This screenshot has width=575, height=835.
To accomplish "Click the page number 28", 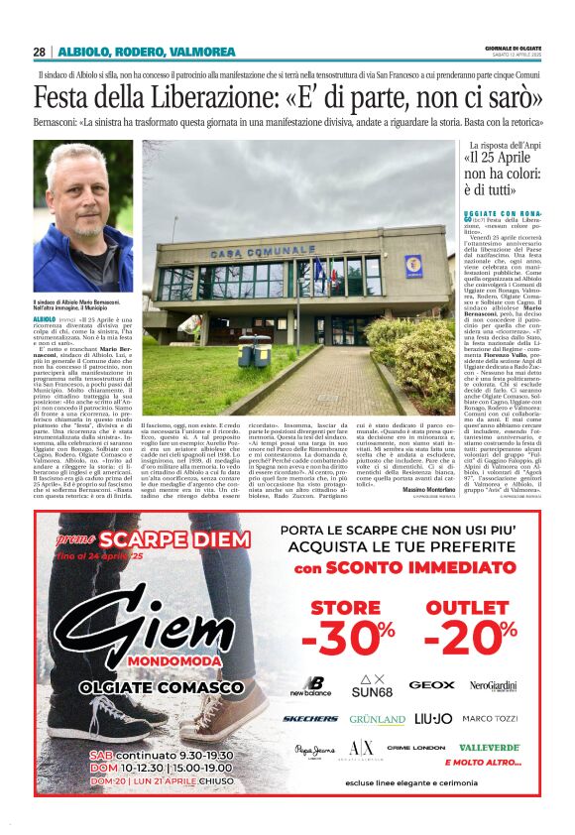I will (x=39, y=52).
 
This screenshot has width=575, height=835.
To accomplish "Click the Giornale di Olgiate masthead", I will (x=512, y=48).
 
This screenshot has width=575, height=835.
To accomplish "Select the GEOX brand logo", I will (x=431, y=684).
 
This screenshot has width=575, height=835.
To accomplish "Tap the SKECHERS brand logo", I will (x=310, y=718).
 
